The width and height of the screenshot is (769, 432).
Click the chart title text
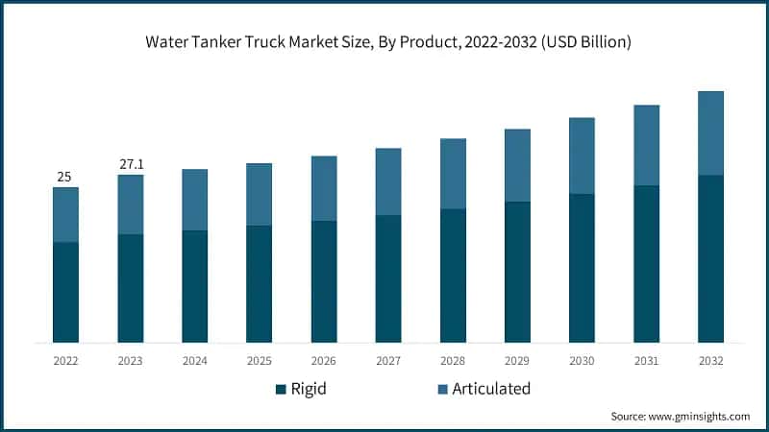coord(384,42)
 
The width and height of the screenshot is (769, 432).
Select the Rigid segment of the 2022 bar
coord(65,292)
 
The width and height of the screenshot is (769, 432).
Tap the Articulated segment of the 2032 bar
coord(710,132)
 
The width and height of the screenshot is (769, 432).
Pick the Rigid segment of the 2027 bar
coord(388,278)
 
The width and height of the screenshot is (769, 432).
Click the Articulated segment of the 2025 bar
coord(259,194)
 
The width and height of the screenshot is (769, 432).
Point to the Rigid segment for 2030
coord(582,268)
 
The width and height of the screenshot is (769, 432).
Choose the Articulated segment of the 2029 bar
coord(517,165)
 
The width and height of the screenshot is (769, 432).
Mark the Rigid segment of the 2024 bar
coord(194,286)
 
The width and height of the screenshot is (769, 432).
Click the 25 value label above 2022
coord(65,177)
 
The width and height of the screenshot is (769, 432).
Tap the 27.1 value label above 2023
coord(130,164)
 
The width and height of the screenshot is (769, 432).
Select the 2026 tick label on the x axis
coord(324,361)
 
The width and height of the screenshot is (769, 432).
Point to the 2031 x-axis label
coord(646,361)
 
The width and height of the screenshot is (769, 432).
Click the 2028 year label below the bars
coord(453,361)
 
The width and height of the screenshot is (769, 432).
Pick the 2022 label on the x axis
coord(65,361)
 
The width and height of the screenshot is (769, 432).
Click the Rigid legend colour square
coord(281,389)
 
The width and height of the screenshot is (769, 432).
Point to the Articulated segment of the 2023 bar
coord(130,204)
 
